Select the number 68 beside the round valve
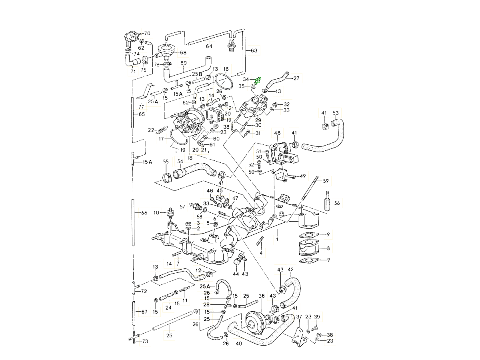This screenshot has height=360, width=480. (x=183, y=52)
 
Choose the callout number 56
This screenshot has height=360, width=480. (x=337, y=203)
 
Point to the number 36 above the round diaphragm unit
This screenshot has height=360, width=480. (x=262, y=296)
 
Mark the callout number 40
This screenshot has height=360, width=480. (x=239, y=343)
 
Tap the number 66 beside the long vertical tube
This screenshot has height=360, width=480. (x=144, y=213)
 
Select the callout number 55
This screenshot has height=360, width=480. (x=166, y=162)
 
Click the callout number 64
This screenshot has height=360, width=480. (x=209, y=46)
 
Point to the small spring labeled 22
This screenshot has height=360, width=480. (x=161, y=130)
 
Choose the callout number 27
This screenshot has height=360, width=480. (x=296, y=78)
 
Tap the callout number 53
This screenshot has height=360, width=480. (x=336, y=113)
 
